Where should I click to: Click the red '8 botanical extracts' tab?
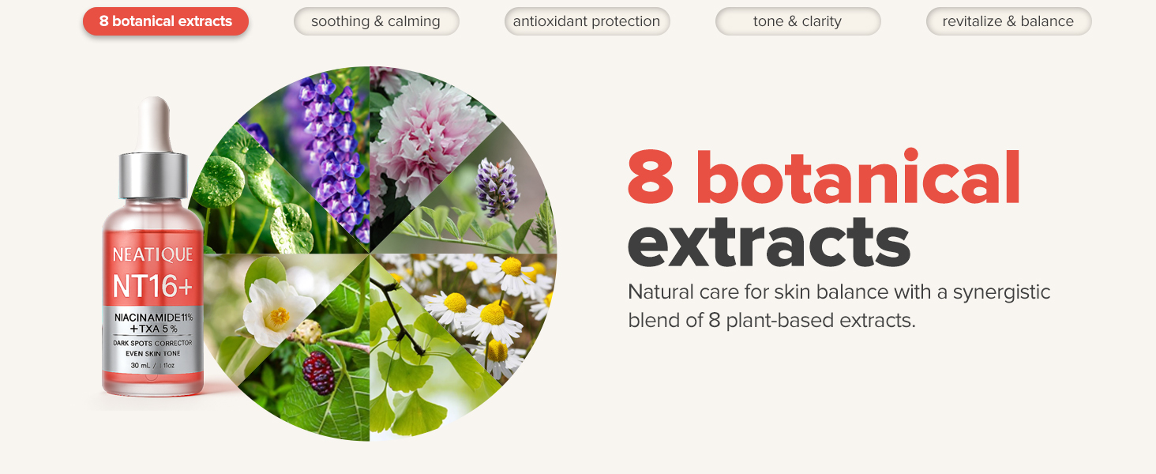click(166, 21)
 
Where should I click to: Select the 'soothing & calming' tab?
click(376, 21)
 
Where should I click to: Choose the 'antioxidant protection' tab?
click(587, 21)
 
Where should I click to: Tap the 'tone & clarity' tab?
click(798, 21)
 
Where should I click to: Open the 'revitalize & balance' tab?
click(1008, 21)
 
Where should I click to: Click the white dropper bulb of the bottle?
click(154, 124)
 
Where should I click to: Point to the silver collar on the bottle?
click(153, 175)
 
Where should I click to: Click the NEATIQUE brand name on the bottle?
click(152, 254)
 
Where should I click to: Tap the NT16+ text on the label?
click(152, 286)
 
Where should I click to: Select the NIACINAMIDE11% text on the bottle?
click(154, 317)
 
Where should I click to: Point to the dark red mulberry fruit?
click(318, 373)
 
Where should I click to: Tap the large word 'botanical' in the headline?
click(858, 178)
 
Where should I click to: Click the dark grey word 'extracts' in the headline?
click(769, 243)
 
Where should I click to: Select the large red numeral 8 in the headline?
click(651, 178)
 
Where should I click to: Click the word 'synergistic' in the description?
click(1001, 293)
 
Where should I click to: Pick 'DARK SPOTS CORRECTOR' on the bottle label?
click(152, 343)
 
